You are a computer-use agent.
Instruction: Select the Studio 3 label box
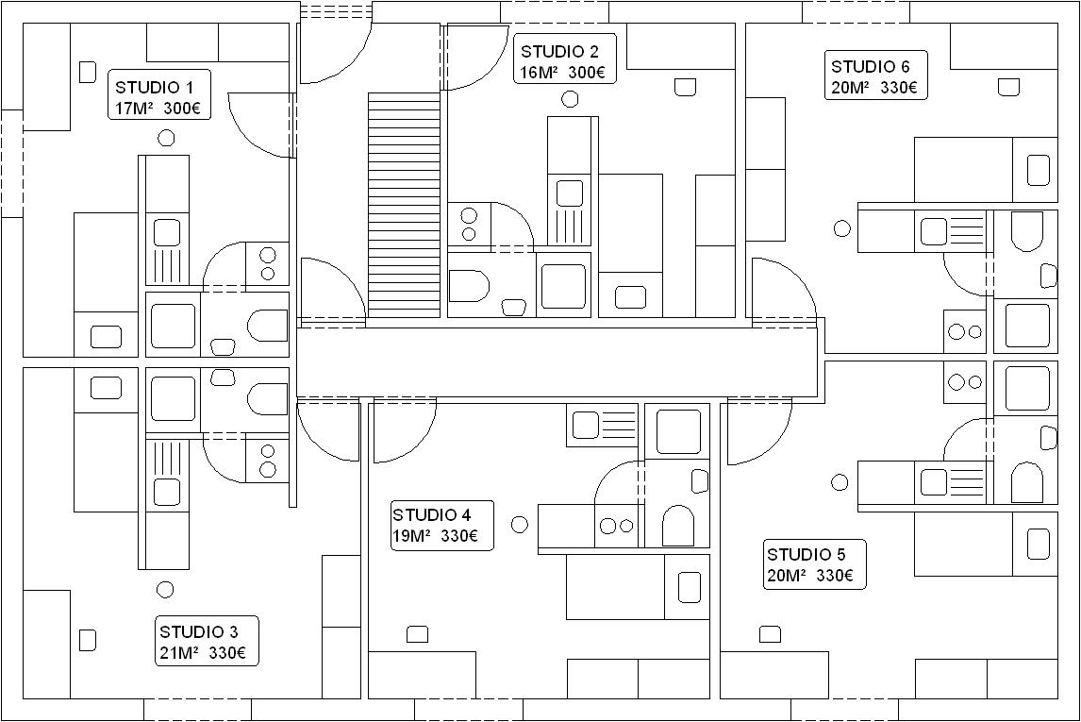tap(207, 641)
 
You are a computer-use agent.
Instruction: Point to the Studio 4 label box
tap(442, 526)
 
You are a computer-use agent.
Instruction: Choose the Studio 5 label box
tap(815, 564)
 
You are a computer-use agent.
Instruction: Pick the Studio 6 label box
tap(876, 76)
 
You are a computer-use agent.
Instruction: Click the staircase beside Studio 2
tap(404, 205)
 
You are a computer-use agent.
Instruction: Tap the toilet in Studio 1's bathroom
tap(268, 326)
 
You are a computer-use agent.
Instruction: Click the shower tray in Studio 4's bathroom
tap(678, 431)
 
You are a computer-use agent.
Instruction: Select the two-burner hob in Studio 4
tap(617, 526)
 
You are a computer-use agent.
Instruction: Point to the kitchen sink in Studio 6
tap(950, 231)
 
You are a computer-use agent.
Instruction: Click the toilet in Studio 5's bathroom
tap(1026, 482)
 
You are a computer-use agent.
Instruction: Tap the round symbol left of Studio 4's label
tap(520, 525)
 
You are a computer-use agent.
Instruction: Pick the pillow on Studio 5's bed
tap(1039, 544)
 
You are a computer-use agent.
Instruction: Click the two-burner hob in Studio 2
tap(469, 224)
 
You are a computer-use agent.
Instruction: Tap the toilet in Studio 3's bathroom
tap(268, 399)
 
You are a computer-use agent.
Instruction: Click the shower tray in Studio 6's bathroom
tap(1027, 325)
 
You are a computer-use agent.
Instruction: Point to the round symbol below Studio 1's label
tap(166, 138)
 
